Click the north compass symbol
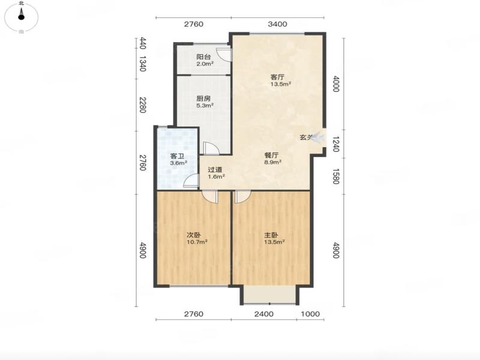(x=21, y=16)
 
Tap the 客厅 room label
(x=277, y=77)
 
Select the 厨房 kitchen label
(x=203, y=98)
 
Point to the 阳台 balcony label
(x=203, y=57)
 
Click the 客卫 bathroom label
(x=177, y=157)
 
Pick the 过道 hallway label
(x=215, y=170)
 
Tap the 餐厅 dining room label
(x=272, y=155)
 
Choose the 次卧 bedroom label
(x=194, y=235)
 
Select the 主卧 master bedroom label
(x=271, y=235)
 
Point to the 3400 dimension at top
(x=277, y=24)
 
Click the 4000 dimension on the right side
(x=336, y=83)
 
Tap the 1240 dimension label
(x=335, y=144)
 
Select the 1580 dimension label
(x=335, y=176)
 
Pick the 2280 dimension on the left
(x=142, y=104)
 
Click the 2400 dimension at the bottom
(x=264, y=314)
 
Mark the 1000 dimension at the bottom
(x=310, y=314)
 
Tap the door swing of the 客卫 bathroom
(x=191, y=181)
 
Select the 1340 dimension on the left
(x=142, y=64)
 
